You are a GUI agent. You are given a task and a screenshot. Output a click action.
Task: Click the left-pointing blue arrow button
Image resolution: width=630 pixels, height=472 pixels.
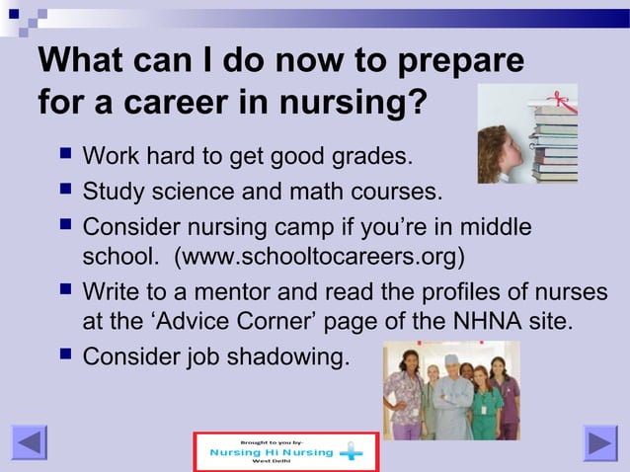(x=29, y=442)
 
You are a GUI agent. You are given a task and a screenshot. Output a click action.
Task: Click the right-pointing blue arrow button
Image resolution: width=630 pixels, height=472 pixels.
(x=599, y=442)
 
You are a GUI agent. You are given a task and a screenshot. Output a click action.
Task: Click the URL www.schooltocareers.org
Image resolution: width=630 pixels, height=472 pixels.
(x=317, y=258)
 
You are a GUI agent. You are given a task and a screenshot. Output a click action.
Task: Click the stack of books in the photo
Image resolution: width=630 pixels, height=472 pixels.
(x=554, y=137)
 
